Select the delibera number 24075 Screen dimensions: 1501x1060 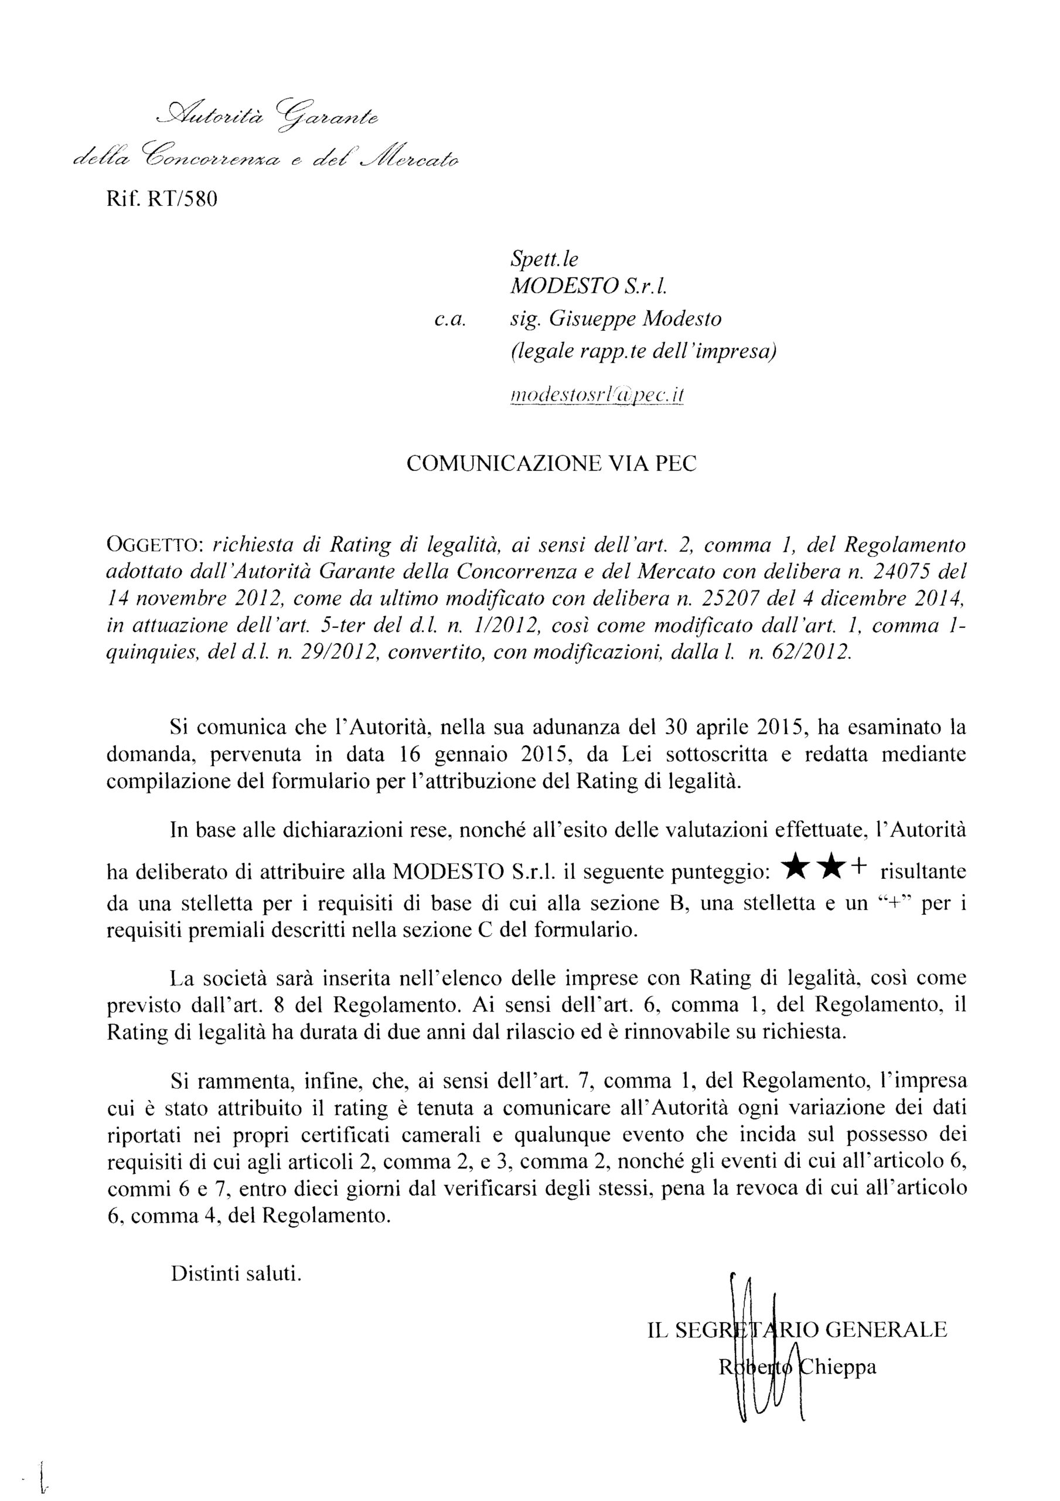(909, 571)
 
